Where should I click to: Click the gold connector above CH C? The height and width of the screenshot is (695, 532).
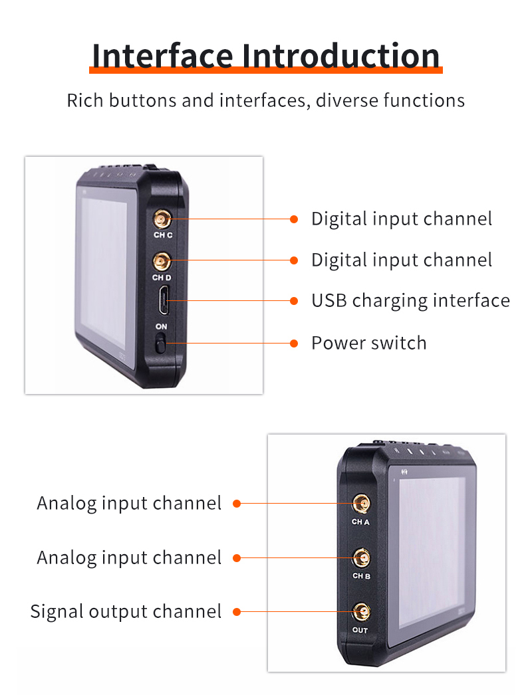162,218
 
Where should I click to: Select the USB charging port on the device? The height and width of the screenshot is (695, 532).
162,300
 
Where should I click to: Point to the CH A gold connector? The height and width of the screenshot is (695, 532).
361,503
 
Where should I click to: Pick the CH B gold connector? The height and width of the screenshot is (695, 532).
361,557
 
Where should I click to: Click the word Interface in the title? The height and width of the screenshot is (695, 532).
164,56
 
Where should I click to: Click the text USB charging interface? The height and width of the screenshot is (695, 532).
410,301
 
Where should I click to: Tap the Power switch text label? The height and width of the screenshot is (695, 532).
368,344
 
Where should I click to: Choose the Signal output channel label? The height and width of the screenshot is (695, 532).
126,611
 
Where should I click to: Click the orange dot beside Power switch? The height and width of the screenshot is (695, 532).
294,344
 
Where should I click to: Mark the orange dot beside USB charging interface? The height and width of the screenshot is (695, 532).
294,301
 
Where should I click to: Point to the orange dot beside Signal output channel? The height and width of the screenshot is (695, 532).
237,611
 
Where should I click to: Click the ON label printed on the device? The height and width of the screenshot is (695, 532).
162,327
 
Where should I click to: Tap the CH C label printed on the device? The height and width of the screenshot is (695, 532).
162,235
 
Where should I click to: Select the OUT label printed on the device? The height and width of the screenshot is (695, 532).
360,630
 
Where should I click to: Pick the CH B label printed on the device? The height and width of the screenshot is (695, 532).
361,575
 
